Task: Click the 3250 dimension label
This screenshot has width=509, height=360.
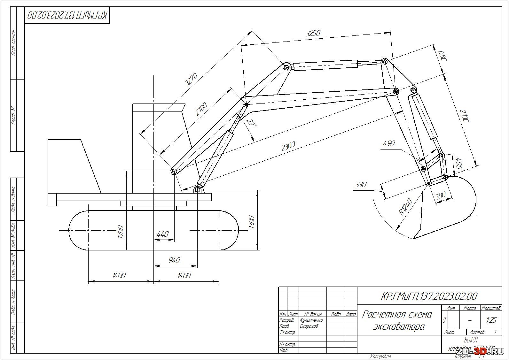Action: click(x=313, y=33)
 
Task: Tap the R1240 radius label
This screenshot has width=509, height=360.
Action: click(x=405, y=206)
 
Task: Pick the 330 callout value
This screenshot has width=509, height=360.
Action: click(x=361, y=185)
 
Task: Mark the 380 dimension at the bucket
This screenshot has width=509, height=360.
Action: click(x=440, y=195)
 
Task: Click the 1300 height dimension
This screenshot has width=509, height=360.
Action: click(x=252, y=222)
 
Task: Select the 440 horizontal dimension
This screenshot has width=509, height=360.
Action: click(x=162, y=234)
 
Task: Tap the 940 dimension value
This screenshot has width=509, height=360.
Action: click(x=174, y=260)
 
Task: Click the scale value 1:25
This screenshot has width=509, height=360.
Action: click(x=491, y=320)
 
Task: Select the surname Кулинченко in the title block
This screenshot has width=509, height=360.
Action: click(x=311, y=320)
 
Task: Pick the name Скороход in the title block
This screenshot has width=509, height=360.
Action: click(x=309, y=326)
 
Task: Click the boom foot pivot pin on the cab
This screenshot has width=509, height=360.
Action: click(x=174, y=171)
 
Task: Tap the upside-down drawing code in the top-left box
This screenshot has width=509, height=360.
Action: click(x=67, y=15)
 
